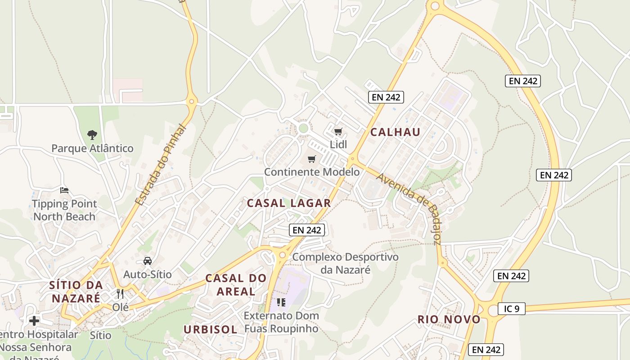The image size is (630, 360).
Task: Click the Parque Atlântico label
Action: pos(92,148)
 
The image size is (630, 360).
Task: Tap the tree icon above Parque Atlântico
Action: pos(92,134)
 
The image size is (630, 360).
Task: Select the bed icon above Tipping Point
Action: pos(64,190)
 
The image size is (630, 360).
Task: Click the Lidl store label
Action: pos(338,144)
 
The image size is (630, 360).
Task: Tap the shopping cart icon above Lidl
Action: pos(338,131)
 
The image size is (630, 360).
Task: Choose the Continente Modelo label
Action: pos(311,172)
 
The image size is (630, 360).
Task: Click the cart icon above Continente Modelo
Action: pos(311,159)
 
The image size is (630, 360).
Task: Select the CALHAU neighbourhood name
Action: pos(395,132)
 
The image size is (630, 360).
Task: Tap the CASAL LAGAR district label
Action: pos(289,203)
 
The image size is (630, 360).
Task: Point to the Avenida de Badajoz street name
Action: pos(408,208)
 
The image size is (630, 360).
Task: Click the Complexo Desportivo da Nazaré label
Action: pos(345,263)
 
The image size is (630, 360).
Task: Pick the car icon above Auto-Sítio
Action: pos(147,261)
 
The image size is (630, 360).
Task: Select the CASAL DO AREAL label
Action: pos(236,284)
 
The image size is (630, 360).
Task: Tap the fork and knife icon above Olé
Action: pos(120,294)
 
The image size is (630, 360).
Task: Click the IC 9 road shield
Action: pos(511,309)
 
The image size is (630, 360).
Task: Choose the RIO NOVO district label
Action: pos(449,319)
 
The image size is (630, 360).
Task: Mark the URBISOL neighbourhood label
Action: pos(210,329)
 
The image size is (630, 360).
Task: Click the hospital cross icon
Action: pos(34,321)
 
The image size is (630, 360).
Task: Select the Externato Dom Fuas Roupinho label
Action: pos(281,322)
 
